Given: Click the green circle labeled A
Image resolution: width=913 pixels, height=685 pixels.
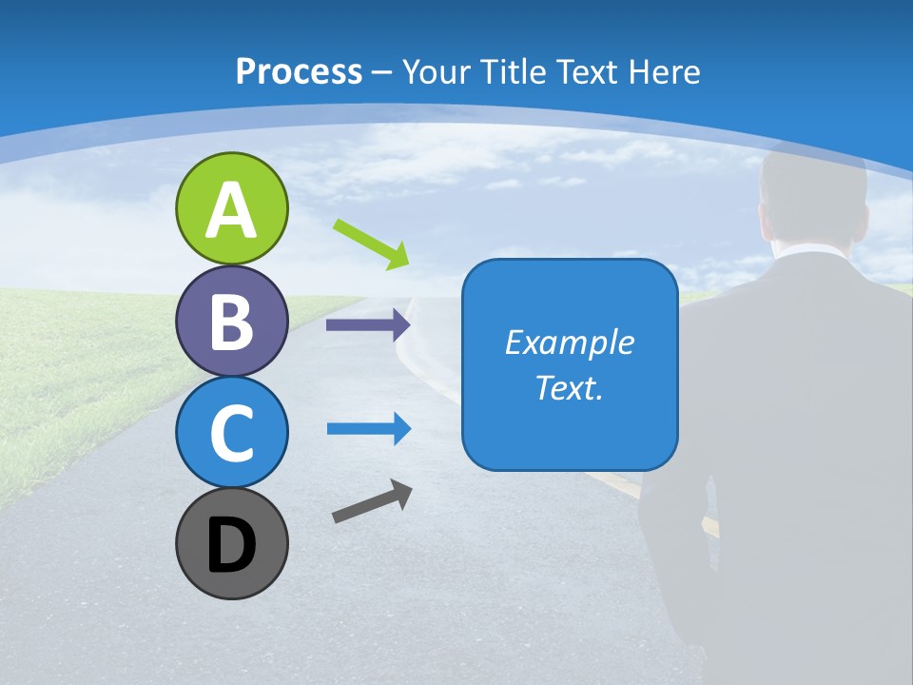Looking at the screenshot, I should (231, 208).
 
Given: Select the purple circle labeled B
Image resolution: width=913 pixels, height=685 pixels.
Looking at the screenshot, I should (231, 321).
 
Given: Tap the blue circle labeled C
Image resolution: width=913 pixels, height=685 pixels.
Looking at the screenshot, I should (231, 432).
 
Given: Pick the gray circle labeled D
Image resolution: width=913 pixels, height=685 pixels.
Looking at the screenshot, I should (231, 543).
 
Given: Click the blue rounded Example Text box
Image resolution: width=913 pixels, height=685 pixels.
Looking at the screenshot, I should (570, 364).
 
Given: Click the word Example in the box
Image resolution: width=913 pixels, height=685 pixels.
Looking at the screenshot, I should (570, 342).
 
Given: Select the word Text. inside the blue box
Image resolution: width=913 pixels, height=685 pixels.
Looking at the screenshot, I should (570, 387).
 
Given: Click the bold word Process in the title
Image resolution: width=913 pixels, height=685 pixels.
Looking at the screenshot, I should (299, 71).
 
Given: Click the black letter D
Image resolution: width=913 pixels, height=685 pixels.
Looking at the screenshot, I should (231, 545).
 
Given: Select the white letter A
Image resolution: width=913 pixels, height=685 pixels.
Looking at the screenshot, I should (231, 210).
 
